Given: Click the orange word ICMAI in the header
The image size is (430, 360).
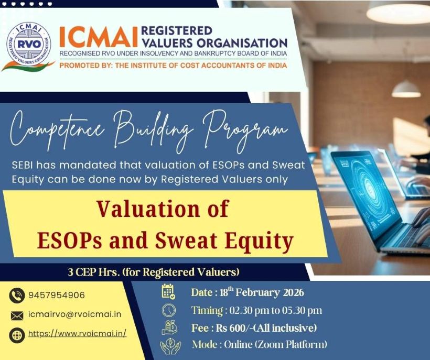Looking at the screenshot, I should point(98,37).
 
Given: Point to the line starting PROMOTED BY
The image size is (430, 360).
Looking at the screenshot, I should point(173,66).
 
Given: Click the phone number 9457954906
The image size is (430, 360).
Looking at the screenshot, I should point(57,295).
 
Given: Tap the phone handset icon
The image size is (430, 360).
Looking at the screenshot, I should point(17,296).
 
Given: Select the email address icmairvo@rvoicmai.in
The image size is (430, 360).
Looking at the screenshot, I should point(75,314).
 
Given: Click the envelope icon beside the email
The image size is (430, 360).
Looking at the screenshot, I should point(17,315).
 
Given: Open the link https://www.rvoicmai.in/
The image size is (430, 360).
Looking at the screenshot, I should point(77,333).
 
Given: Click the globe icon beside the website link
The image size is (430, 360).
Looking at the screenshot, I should point(17,334).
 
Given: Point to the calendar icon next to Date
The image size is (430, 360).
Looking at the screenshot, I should point(168,292).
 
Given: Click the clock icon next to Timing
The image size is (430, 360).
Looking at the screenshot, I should point(168,310).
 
